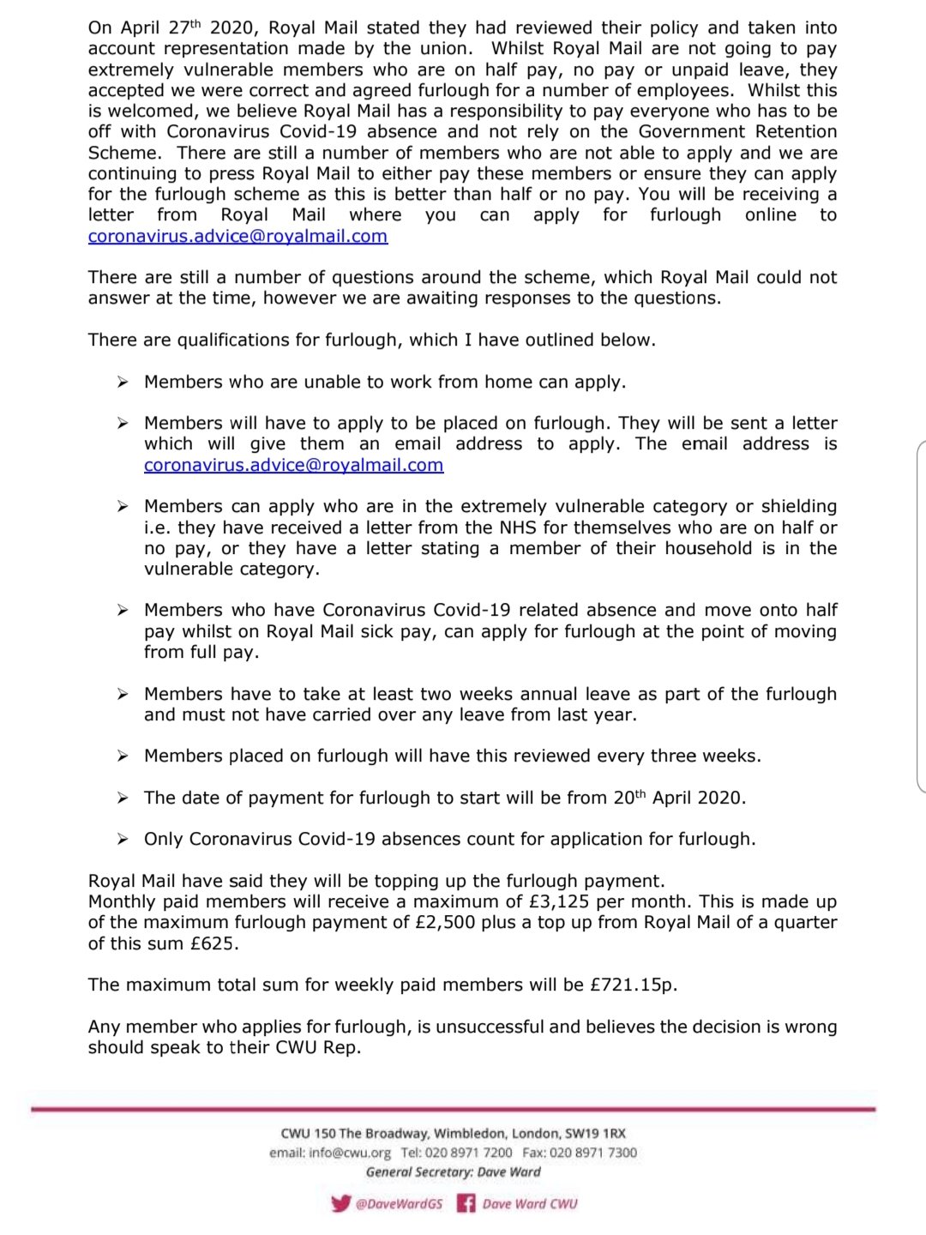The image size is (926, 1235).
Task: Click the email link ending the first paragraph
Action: pyautogui.click(x=238, y=236)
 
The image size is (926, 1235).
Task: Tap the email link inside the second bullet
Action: pyautogui.click(x=293, y=465)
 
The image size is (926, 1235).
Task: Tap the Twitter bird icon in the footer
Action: pyautogui.click(x=340, y=1203)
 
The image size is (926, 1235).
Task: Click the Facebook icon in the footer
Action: pyautogui.click(x=466, y=1203)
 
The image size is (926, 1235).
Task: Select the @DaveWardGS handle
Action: pyautogui.click(x=399, y=1204)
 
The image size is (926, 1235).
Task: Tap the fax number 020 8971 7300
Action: pyautogui.click(x=592, y=1153)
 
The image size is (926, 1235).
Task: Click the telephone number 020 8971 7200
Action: pyautogui.click(x=468, y=1153)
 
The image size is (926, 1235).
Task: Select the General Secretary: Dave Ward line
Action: pyautogui.click(x=453, y=1172)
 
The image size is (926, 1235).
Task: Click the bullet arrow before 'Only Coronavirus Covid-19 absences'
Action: pyautogui.click(x=123, y=839)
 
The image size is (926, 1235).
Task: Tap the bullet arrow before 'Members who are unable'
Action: pyautogui.click(x=123, y=382)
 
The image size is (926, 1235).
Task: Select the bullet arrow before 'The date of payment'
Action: pyautogui.click(x=123, y=798)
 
